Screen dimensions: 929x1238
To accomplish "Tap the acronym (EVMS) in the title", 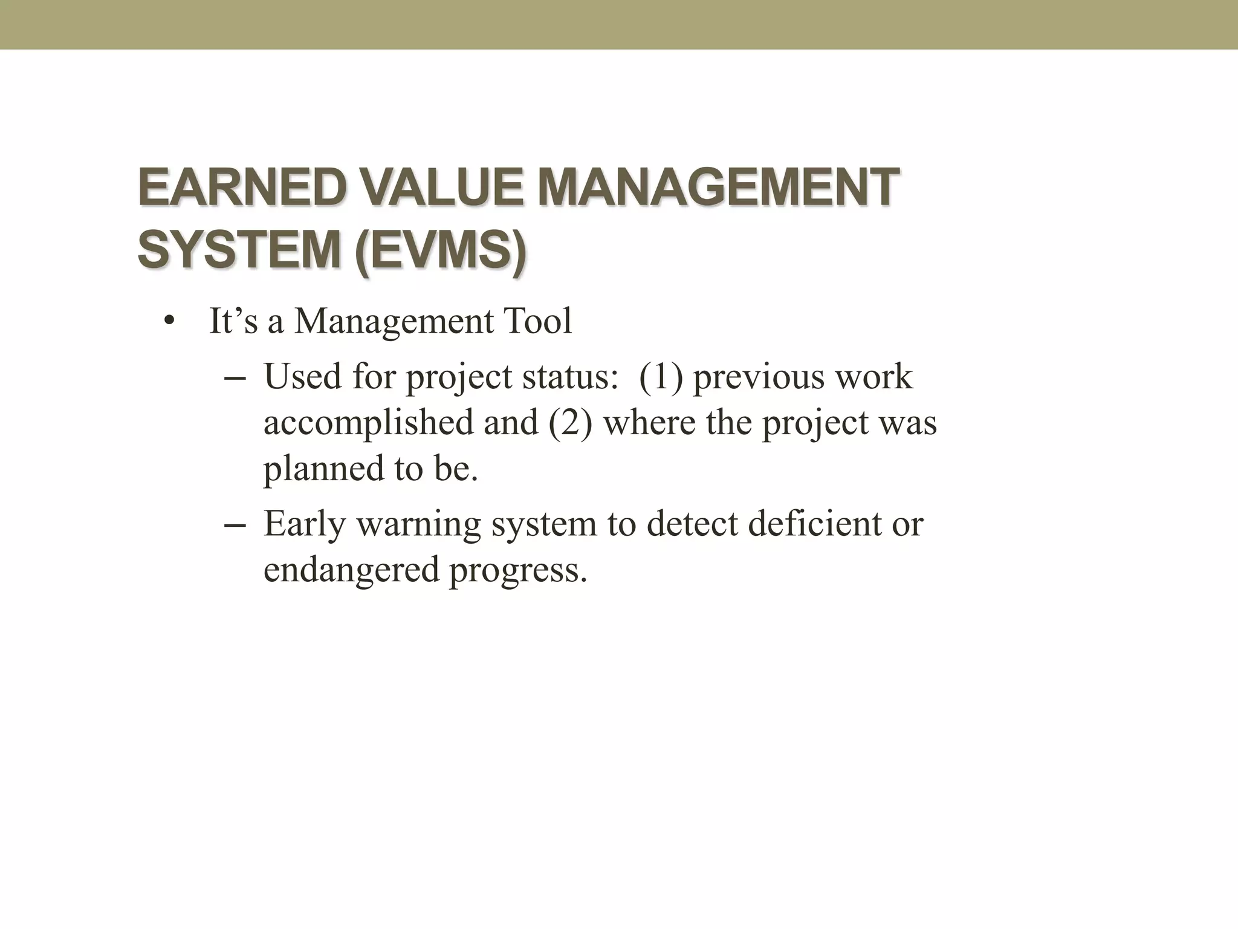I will pos(439,251).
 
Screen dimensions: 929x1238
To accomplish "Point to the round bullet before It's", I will pos(168,322).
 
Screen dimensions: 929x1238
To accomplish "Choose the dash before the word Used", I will pos(234,378).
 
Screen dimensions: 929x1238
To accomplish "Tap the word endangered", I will pos(351,570).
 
